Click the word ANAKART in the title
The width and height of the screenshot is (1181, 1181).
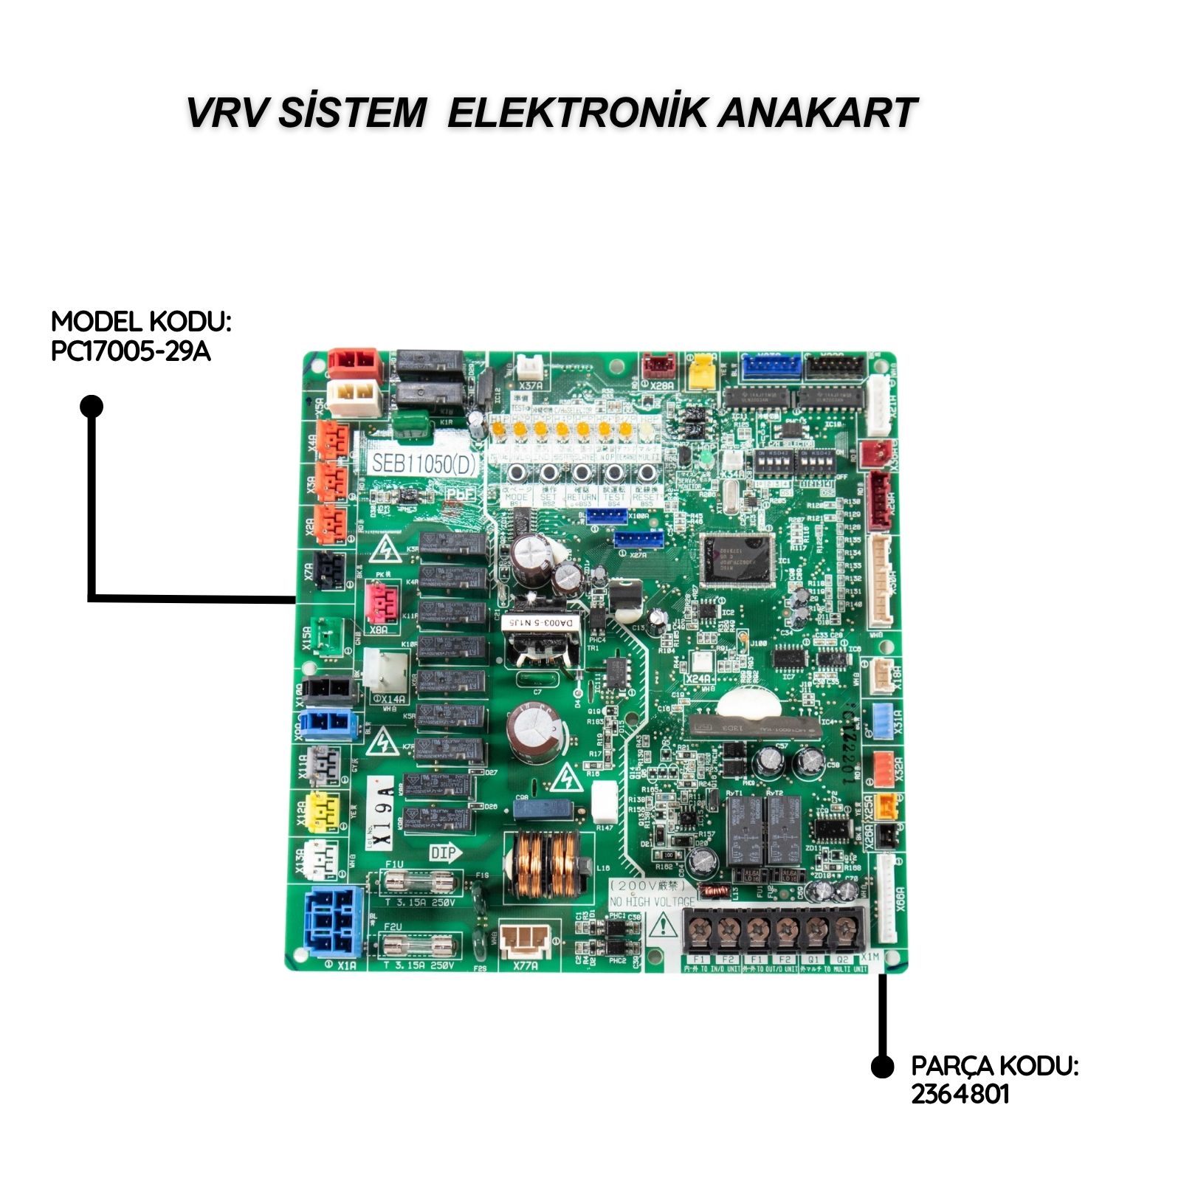coord(817,113)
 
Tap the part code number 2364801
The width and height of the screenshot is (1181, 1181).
coord(960,1093)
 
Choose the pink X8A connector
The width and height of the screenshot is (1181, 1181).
coord(380,603)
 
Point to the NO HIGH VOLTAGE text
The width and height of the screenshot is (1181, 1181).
coord(652,901)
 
